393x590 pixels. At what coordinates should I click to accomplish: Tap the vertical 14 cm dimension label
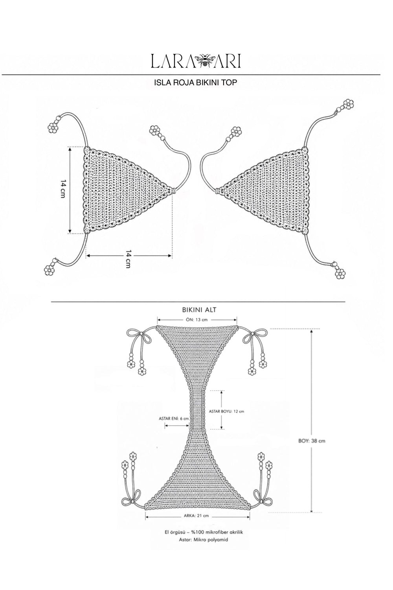click(62, 190)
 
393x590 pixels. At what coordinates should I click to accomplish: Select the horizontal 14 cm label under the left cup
click(128, 259)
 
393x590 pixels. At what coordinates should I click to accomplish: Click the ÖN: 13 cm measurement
click(197, 320)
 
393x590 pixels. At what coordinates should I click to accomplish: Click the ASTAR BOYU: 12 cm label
click(226, 411)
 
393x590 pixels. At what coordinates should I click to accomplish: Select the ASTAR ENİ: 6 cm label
click(174, 418)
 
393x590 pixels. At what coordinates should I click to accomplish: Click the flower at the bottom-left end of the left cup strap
click(49, 270)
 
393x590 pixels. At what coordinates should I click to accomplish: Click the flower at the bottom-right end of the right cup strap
click(340, 274)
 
